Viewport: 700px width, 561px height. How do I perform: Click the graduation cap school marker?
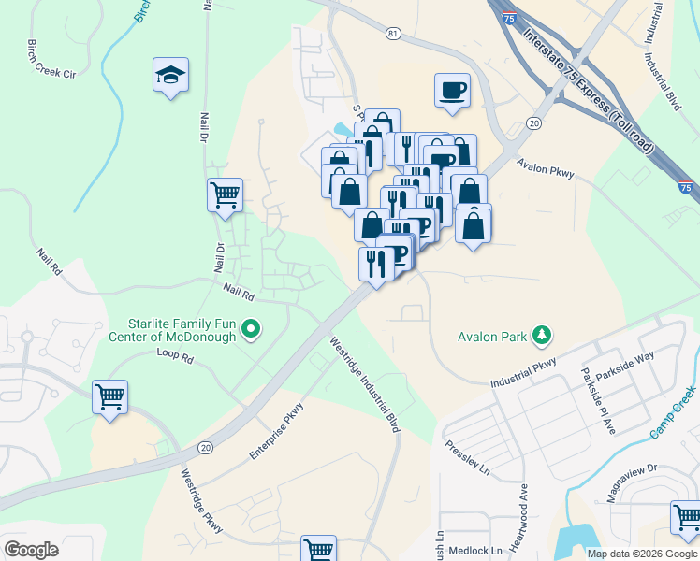coord(170,76)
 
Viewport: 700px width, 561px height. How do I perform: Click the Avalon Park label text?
coord(493,336)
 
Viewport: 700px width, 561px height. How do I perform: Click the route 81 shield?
coord(392,34)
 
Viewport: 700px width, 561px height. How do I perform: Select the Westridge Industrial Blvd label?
coord(365,384)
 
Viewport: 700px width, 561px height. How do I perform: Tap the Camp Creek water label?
coord(674,412)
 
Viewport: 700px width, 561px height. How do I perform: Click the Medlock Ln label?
coord(476,551)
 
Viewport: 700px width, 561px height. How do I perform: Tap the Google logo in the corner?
coord(31,549)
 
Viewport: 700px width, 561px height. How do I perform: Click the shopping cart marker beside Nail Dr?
coord(225,196)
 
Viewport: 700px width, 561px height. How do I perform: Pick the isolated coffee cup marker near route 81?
coord(452,92)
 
